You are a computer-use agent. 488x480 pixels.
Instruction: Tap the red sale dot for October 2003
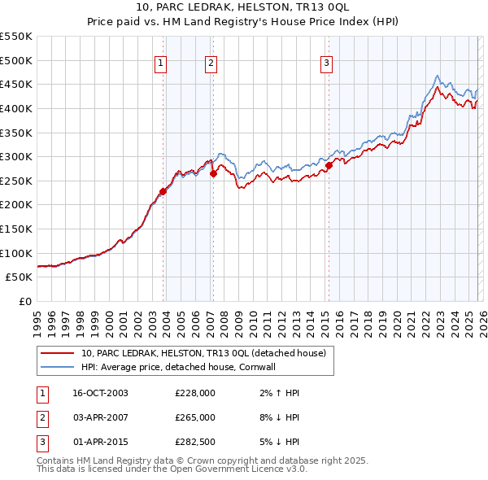tap(163, 191)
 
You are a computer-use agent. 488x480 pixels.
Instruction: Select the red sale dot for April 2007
tap(213, 173)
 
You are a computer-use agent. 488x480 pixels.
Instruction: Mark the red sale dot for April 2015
tap(329, 165)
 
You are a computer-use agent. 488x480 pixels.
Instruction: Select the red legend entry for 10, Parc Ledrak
tap(203, 353)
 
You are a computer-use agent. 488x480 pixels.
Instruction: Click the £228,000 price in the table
tap(195, 393)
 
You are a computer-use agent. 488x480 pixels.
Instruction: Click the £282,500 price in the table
tap(195, 442)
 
